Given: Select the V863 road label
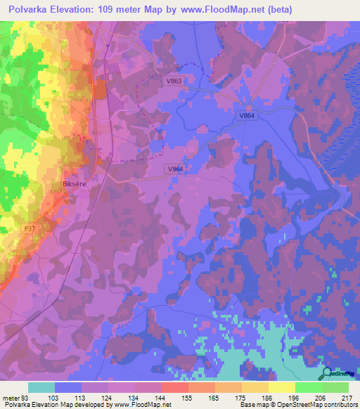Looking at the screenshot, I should (x=174, y=82).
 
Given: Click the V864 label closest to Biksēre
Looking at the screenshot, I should (x=176, y=169).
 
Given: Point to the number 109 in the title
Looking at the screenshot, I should (x=115, y=10).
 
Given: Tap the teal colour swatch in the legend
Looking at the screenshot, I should (x=41, y=387).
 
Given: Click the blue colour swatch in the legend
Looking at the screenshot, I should (x=68, y=387).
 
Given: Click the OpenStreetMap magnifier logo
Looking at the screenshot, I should (x=328, y=375).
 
